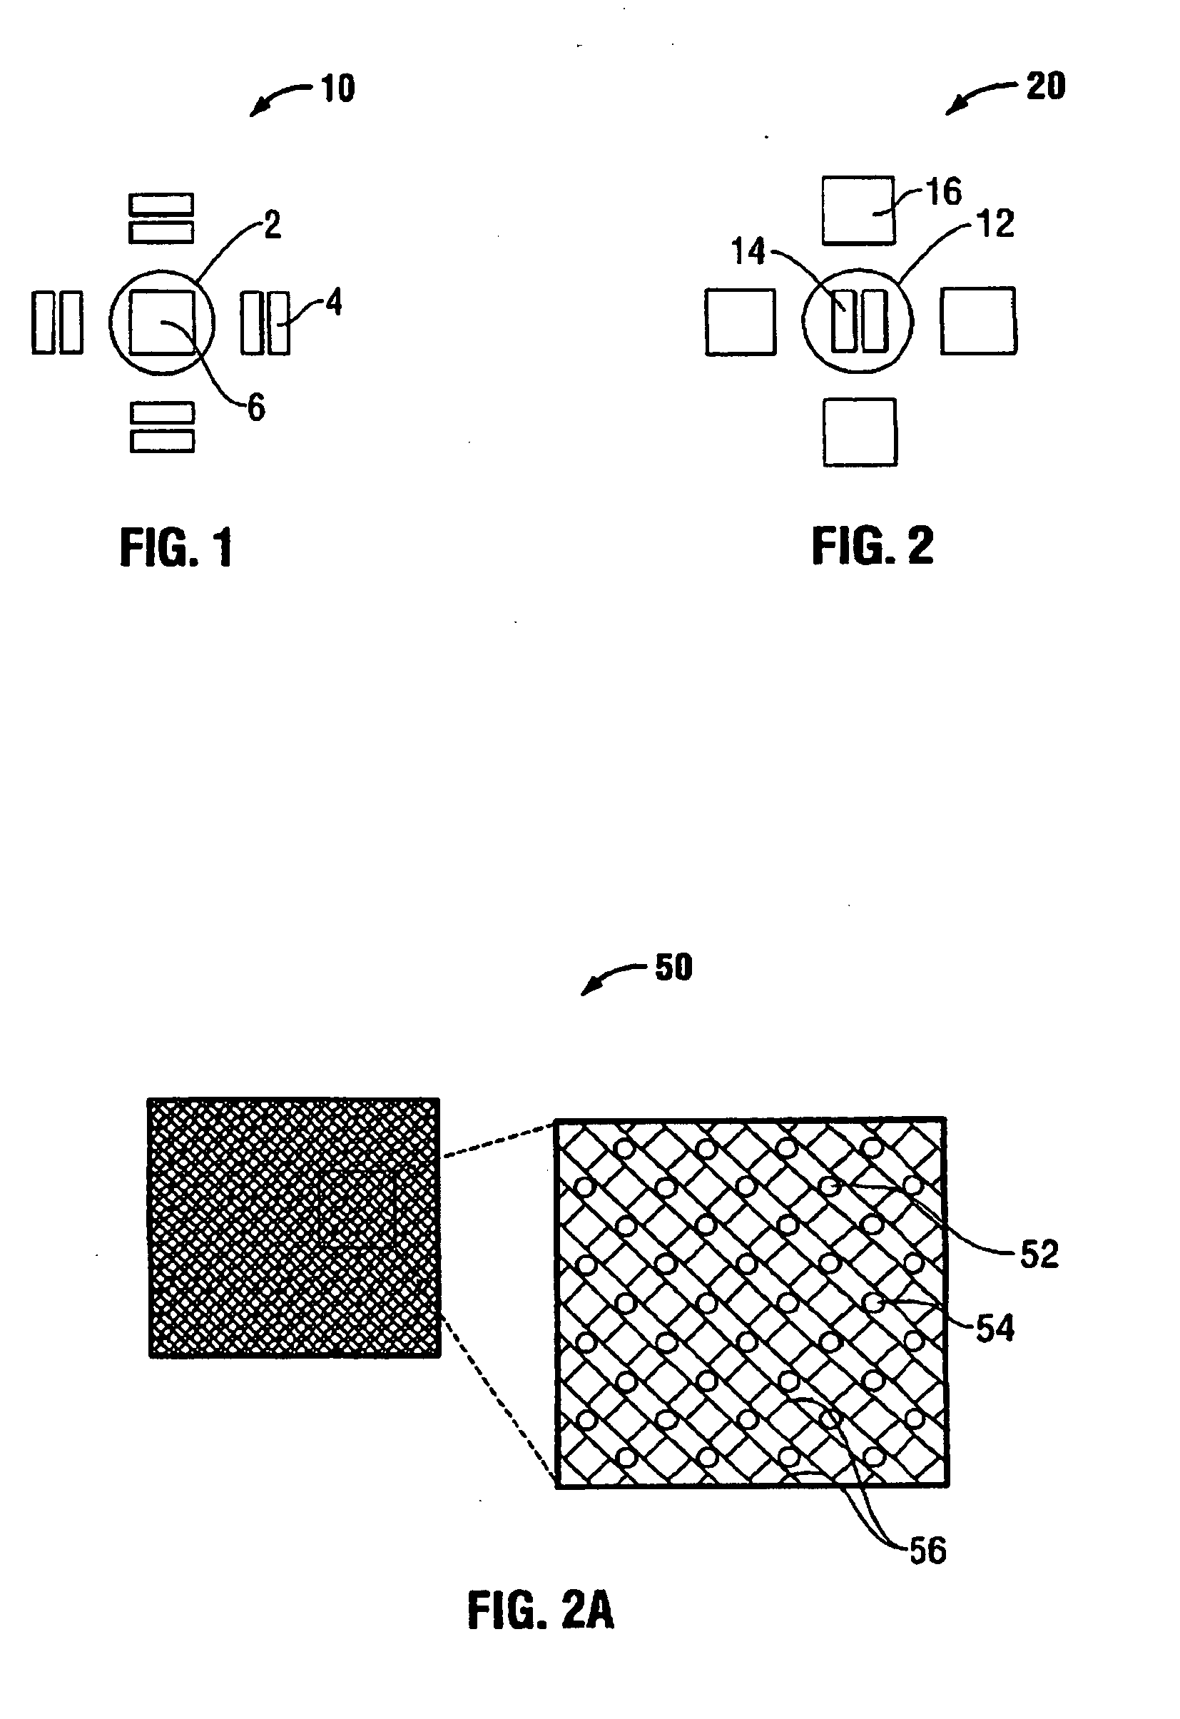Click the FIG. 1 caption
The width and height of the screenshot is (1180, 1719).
pos(177,548)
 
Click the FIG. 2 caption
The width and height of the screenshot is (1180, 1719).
pos(873,547)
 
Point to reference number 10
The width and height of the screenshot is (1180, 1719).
pos(338,88)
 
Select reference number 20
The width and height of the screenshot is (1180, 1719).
pos(1045,86)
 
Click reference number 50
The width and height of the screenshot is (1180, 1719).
pos(673,968)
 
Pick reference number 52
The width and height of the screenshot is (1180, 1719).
pos(1039,1254)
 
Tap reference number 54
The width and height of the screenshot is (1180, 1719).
pos(995,1329)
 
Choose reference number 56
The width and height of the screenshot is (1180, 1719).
pos(928,1551)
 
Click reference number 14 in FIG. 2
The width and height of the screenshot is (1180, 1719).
pos(748,251)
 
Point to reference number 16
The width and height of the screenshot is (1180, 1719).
pos(944,191)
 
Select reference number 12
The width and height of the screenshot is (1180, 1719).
pos(996,223)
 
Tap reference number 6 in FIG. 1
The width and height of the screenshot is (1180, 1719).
pos(256,407)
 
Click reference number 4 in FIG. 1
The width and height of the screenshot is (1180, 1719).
pos(334,303)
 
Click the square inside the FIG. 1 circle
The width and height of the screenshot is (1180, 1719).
pos(162,323)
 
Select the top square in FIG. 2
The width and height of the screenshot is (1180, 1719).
pos(858,210)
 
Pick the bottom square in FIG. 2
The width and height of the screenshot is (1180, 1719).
pos(860,432)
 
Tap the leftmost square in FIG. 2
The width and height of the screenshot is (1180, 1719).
pos(740,322)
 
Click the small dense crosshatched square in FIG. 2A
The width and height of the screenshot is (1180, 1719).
pos(294,1227)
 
